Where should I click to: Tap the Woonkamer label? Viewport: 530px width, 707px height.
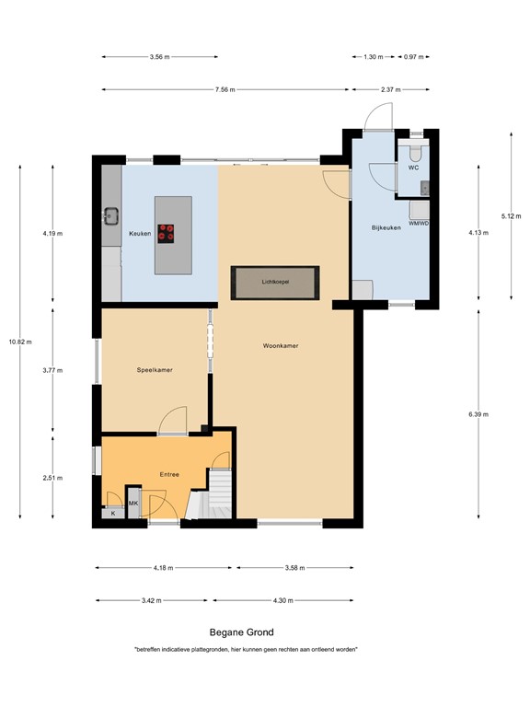click(x=281, y=346)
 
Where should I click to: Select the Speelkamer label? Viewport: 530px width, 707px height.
click(x=156, y=370)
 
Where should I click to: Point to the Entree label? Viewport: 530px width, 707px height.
click(x=169, y=474)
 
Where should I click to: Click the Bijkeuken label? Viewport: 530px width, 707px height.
click(x=386, y=227)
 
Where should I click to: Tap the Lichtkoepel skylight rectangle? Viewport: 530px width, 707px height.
click(x=276, y=283)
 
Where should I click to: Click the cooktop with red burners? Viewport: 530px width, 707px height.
click(x=167, y=233)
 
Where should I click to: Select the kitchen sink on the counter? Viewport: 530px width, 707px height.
click(x=112, y=217)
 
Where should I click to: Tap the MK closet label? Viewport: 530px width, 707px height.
click(x=133, y=504)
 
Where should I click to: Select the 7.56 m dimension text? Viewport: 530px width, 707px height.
click(x=225, y=89)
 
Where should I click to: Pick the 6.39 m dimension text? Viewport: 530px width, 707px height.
click(x=478, y=414)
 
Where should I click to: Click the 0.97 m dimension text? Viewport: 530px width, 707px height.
click(x=413, y=57)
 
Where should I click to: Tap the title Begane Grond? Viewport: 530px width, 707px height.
click(x=240, y=632)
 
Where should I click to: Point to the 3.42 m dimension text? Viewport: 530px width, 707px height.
click(x=152, y=600)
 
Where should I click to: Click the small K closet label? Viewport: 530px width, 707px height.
click(x=113, y=513)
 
